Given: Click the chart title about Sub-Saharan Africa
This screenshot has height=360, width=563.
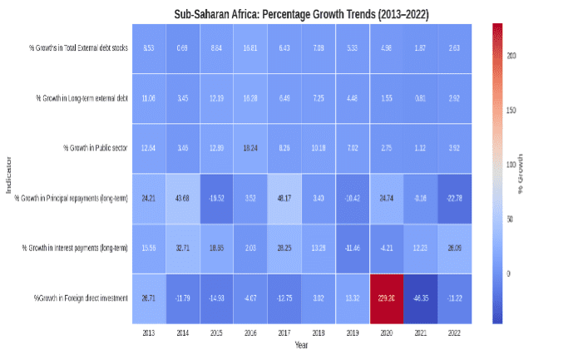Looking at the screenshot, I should click(304, 14).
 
